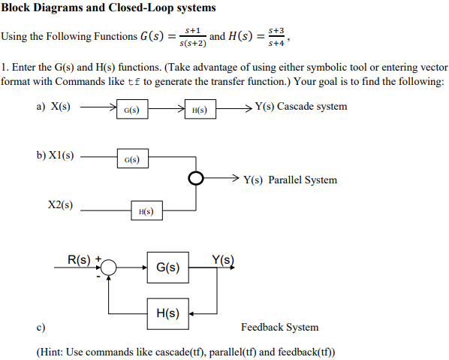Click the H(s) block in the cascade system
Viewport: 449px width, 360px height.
click(x=200, y=111)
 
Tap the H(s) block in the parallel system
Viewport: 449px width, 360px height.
click(x=146, y=212)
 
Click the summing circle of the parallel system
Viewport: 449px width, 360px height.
click(x=195, y=180)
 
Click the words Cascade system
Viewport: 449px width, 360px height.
click(x=312, y=106)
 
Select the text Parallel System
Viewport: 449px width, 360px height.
click(x=303, y=180)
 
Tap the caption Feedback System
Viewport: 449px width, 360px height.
click(x=279, y=327)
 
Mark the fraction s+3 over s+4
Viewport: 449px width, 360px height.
click(x=277, y=37)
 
